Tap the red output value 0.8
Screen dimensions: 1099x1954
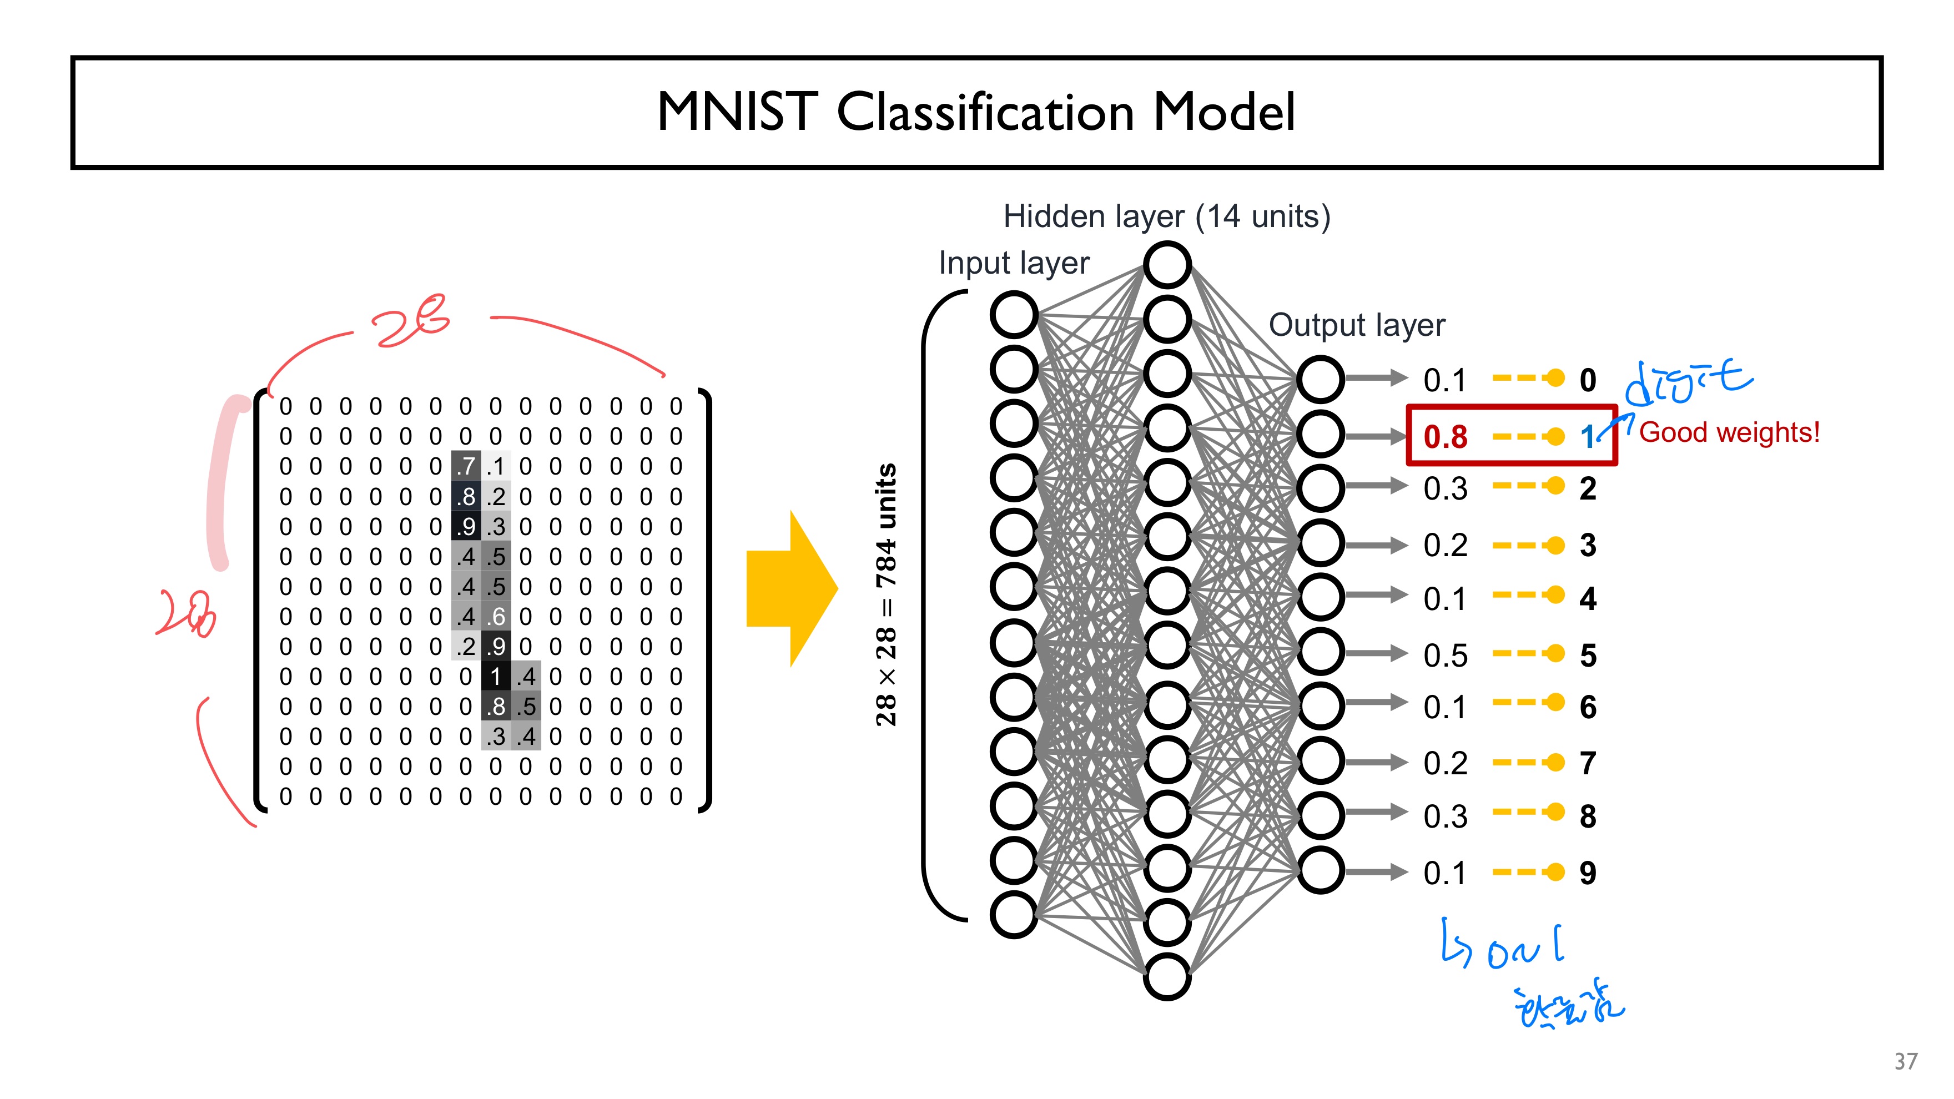(1445, 437)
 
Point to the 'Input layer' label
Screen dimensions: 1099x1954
(1014, 263)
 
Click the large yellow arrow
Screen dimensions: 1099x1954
(791, 588)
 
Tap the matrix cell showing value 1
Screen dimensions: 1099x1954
(495, 676)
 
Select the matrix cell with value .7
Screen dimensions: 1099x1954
(466, 466)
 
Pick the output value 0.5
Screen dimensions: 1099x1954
(1445, 656)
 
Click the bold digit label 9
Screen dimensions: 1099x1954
(1588, 873)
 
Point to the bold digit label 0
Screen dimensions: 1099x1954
(1588, 380)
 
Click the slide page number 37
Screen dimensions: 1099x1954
(1906, 1061)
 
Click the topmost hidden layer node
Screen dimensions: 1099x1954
(1167, 265)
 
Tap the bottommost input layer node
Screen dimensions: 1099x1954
(1014, 915)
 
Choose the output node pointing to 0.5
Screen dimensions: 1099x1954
(1320, 652)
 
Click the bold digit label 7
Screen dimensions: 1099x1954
(1588, 763)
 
